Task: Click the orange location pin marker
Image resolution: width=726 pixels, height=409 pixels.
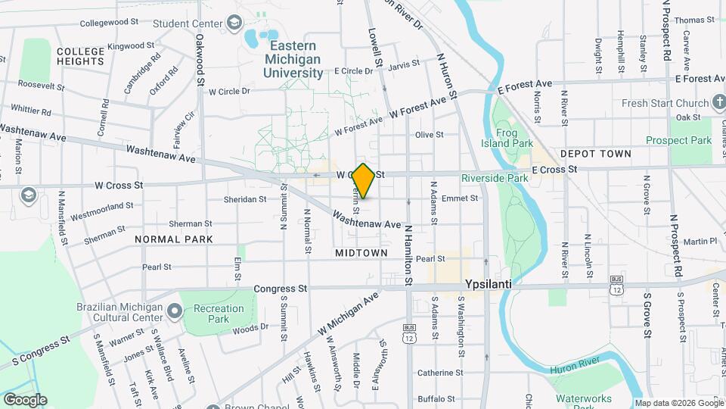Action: point(364,181)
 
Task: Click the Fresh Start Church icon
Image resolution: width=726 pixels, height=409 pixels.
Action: point(717,103)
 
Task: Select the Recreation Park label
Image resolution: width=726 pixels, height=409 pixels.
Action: point(219,314)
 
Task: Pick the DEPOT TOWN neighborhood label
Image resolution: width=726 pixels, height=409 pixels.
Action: point(595,154)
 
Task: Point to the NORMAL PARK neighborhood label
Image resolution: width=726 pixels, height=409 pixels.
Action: point(174,239)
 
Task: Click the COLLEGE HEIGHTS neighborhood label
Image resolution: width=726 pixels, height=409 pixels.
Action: point(80,56)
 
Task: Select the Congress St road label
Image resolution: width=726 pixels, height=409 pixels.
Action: point(280,289)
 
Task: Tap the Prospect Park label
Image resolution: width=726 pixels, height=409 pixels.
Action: point(679,140)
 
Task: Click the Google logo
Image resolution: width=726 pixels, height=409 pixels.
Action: point(25,399)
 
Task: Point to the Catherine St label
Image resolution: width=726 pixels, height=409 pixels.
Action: point(440,373)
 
